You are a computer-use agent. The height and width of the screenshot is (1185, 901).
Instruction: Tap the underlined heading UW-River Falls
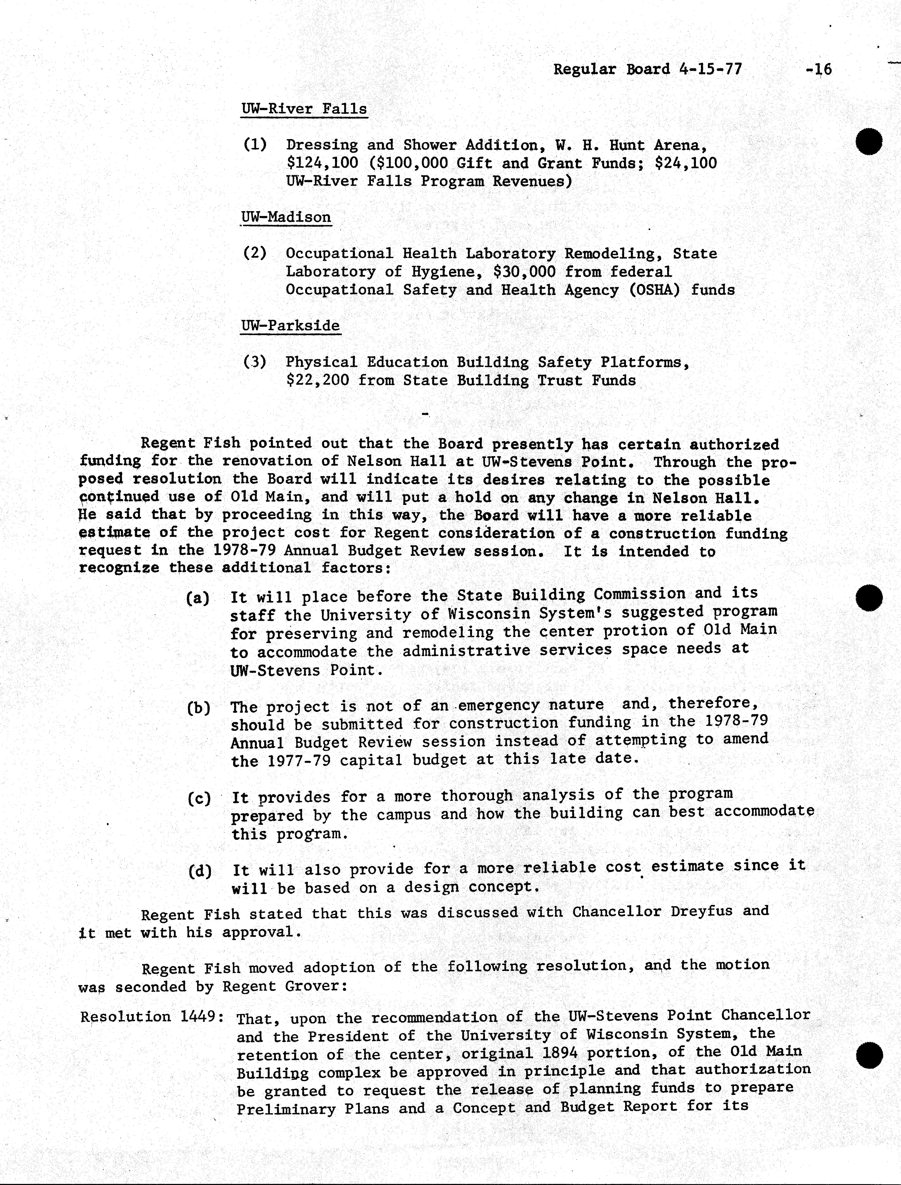(304, 109)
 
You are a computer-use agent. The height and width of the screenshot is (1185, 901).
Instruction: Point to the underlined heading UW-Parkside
(290, 326)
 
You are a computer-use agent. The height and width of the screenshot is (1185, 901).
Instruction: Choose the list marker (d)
(199, 871)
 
